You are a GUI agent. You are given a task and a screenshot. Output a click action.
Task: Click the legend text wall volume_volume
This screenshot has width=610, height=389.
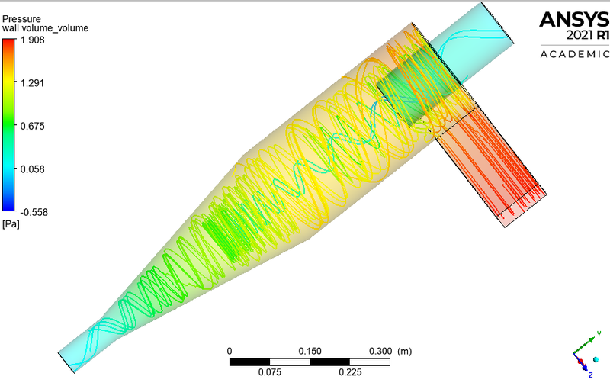[45, 27]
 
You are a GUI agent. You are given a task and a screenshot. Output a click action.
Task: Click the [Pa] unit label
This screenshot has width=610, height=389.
[11, 224]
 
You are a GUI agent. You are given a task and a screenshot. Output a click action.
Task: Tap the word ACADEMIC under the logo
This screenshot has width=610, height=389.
[574, 54]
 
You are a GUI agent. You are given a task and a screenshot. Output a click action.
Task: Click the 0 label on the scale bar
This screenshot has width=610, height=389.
[230, 351]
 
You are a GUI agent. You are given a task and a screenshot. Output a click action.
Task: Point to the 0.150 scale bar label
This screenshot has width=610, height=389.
[310, 351]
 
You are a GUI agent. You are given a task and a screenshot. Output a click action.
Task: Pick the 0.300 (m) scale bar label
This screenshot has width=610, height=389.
[389, 351]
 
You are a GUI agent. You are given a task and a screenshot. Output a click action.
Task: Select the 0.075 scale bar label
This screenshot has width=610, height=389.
[270, 372]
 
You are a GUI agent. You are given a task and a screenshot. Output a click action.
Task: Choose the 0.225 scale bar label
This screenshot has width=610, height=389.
[350, 372]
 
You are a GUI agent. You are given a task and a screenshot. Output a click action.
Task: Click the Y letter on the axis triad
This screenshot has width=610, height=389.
[601, 333]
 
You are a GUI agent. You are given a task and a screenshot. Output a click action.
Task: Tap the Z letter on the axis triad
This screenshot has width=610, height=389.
[589, 375]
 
